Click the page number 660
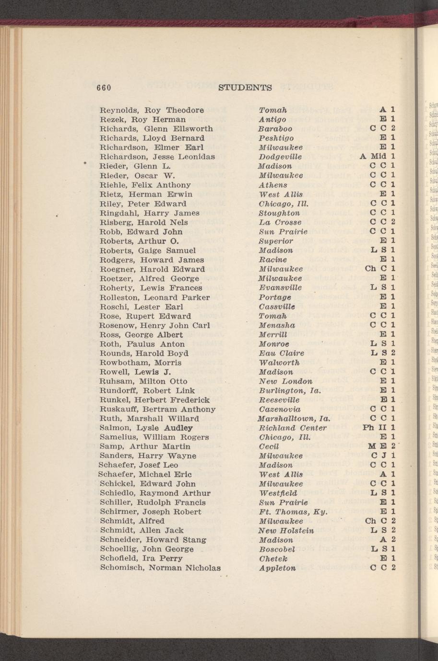click(104, 88)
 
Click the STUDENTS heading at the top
click(245, 88)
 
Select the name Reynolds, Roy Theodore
click(152, 110)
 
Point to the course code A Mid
click(374, 157)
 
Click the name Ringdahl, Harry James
click(146, 213)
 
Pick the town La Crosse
click(280, 222)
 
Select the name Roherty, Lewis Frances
click(151, 288)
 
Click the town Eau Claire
click(281, 353)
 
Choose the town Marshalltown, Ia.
click(293, 419)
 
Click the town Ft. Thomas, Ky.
click(293, 512)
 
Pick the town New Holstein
click(286, 531)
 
